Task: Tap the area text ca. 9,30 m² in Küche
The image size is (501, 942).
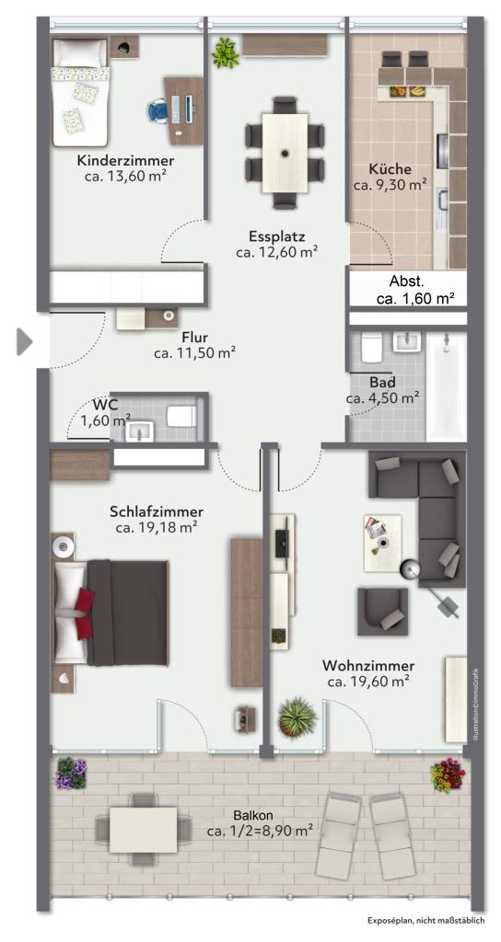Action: pyautogui.click(x=390, y=185)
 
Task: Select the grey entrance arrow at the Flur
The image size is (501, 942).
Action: pyautogui.click(x=25, y=342)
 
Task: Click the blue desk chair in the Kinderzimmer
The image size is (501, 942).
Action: pyautogui.click(x=158, y=110)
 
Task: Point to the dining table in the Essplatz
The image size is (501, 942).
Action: pyautogui.click(x=285, y=154)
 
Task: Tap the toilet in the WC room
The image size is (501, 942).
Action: pyautogui.click(x=182, y=415)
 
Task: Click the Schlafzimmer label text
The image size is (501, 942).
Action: pyautogui.click(x=157, y=511)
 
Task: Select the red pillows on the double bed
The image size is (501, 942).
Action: pyautogui.click(x=85, y=614)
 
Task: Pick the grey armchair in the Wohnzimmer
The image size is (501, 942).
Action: pyautogui.click(x=382, y=611)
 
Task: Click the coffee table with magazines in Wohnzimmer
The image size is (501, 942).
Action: pyautogui.click(x=382, y=544)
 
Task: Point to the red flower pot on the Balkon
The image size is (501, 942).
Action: pyautogui.click(x=448, y=775)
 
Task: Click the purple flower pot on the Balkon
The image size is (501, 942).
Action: pyautogui.click(x=71, y=773)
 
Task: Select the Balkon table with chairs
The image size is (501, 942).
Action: pyautogui.click(x=144, y=830)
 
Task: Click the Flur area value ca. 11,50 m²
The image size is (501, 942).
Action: pyautogui.click(x=194, y=353)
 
